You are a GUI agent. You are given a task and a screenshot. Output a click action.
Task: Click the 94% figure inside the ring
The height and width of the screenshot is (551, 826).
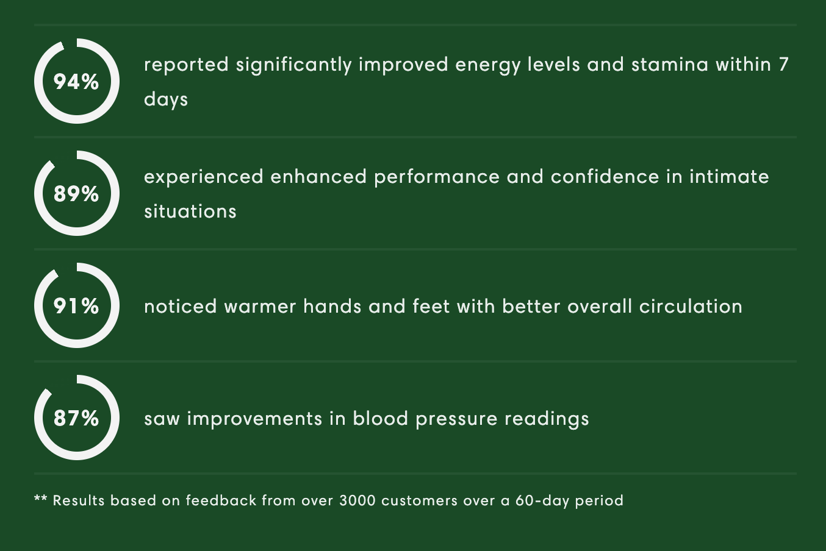(76, 82)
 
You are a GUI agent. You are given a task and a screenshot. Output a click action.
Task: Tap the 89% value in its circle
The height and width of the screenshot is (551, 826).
(76, 194)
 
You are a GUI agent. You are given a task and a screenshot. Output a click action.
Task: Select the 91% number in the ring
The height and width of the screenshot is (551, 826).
(76, 306)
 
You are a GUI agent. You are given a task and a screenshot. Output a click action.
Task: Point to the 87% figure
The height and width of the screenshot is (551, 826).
(76, 418)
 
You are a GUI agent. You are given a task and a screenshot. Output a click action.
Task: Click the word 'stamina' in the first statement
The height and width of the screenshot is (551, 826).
(670, 65)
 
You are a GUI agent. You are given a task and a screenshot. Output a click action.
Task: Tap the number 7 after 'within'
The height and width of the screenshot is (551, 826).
(783, 65)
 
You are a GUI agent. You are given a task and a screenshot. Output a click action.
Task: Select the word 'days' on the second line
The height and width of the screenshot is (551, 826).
(166, 99)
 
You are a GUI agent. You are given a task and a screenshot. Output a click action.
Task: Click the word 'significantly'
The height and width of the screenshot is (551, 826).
(294, 65)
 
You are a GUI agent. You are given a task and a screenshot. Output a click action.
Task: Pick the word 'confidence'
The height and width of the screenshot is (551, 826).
(605, 176)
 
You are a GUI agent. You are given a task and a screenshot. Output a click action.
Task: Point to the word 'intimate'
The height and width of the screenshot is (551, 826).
(730, 176)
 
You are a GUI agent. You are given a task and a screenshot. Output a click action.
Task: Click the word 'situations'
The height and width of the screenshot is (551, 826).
(190, 212)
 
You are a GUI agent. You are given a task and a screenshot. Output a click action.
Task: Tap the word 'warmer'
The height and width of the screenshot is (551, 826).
(260, 307)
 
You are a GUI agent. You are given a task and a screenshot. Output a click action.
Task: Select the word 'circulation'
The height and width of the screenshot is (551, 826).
(691, 306)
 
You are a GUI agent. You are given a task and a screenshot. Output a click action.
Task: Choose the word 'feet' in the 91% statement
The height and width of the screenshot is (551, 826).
(431, 306)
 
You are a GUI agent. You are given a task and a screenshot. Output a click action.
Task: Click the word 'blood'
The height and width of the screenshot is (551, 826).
(381, 418)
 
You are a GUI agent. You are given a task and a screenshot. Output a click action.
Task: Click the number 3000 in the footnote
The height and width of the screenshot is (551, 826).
(357, 501)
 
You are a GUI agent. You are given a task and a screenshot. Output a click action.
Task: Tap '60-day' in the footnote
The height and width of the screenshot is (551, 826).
(542, 501)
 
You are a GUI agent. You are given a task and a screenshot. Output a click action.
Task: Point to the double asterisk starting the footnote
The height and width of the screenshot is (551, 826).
(40, 499)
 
